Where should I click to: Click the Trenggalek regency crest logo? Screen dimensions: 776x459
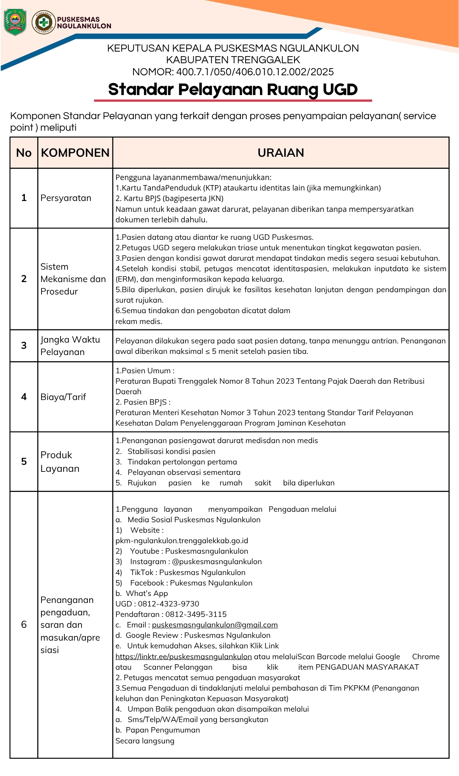15,22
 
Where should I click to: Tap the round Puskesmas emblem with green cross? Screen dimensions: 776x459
43,22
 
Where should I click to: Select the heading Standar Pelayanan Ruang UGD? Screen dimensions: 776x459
233,90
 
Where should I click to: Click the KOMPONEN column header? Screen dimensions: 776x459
75,153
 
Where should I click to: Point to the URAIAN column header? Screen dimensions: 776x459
281,153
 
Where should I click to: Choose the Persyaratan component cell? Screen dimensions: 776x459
66,198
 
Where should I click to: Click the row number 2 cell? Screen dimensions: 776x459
24,279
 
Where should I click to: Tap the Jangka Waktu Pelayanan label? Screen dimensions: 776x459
70,346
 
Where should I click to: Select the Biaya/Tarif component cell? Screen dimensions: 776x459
63,397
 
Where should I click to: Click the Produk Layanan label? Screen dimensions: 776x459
60,462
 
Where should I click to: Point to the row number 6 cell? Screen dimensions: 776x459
24,624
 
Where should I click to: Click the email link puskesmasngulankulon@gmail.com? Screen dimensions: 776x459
215,625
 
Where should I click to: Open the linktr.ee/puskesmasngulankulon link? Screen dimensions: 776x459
184,656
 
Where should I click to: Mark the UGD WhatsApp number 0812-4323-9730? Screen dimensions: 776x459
168,604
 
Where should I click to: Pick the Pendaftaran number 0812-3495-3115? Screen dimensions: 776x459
196,615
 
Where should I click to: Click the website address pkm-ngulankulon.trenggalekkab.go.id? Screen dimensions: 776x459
182,541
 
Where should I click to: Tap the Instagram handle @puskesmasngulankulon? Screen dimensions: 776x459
217,562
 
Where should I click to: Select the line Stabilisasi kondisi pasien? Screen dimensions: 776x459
171,452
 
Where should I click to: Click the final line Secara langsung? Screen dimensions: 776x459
145,741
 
